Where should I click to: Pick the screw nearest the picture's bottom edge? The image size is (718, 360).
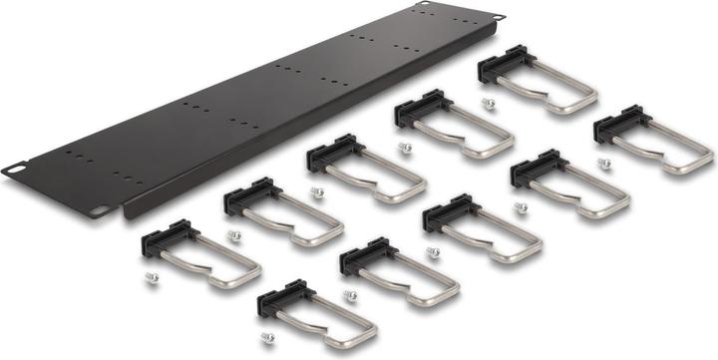pyautogui.click(x=267, y=338)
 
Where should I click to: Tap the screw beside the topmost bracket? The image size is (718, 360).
pyautogui.click(x=486, y=103)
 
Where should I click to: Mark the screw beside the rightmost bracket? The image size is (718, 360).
pyautogui.click(x=602, y=163)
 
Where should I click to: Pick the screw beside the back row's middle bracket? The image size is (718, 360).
pyautogui.click(x=318, y=192)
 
